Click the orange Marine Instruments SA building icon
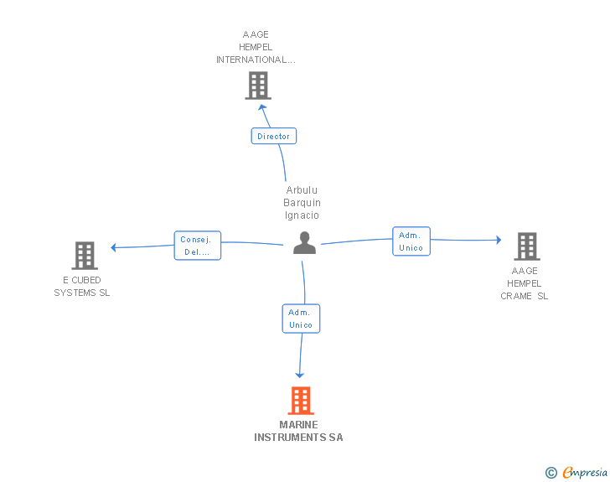click(301, 401)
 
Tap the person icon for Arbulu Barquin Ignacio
click(304, 243)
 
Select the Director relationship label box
click(273, 136)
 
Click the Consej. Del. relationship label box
click(198, 246)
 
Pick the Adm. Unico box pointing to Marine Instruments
click(301, 319)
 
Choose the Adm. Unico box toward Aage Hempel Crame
click(411, 241)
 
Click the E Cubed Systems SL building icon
click(84, 255)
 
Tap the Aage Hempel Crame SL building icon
click(526, 246)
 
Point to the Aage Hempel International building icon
click(258, 85)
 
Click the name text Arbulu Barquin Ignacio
click(302, 203)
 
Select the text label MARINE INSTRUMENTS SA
click(299, 431)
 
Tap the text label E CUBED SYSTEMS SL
click(82, 287)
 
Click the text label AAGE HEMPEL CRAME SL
click(525, 283)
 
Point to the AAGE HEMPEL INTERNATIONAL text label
click(256, 48)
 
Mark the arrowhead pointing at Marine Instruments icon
click(300, 375)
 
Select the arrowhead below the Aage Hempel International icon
click(263, 106)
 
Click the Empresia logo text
click(585, 473)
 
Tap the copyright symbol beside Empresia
click(551, 473)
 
